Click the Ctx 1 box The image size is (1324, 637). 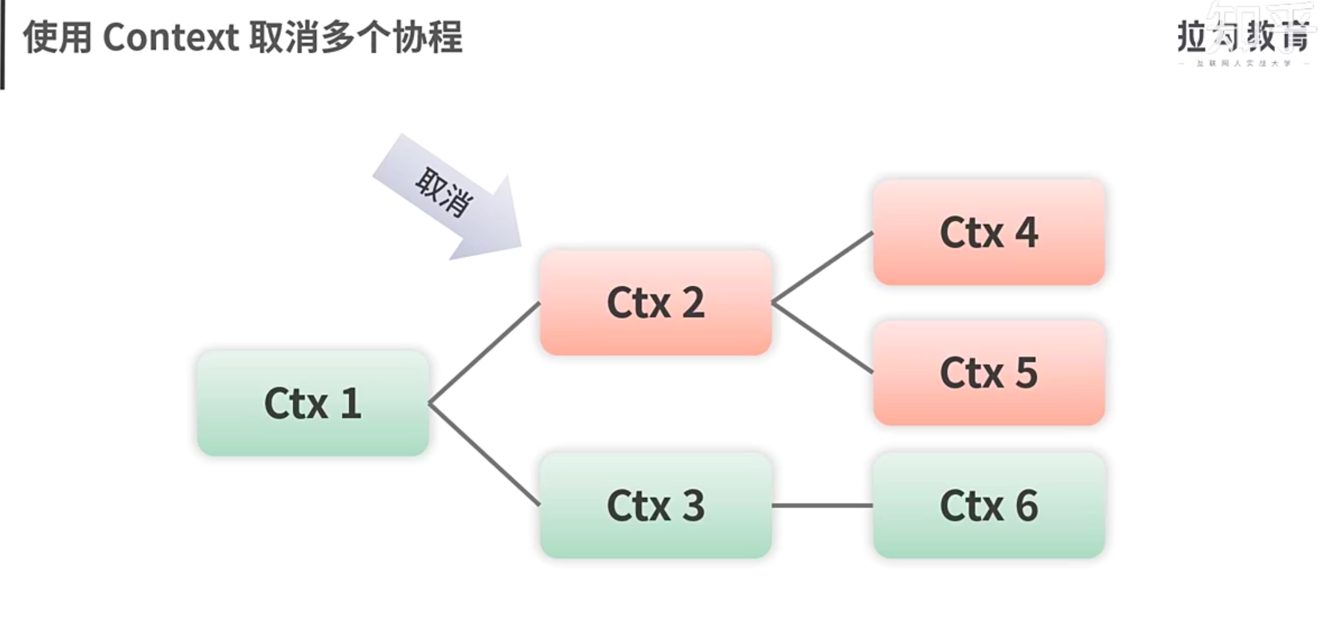pos(312,403)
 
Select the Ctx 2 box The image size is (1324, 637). pos(655,302)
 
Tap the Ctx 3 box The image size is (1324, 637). pos(655,505)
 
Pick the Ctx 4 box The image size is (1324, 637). pos(989,232)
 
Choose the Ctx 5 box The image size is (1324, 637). pos(989,373)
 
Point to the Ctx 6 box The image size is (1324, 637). pos(989,505)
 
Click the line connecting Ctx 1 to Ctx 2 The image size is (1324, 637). pos(484,353)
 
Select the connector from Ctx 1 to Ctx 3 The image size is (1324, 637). pos(484,455)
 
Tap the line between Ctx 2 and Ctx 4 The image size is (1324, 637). pos(822,267)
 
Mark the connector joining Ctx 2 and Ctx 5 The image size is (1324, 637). pos(822,338)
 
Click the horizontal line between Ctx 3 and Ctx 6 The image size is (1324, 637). pos(822,506)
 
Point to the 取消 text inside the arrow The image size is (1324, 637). pos(444,191)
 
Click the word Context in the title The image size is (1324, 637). pos(170,37)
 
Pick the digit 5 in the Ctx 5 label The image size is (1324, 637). pos(1026,373)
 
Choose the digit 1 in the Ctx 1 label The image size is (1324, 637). pos(350,403)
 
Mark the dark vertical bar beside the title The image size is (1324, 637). pos(2,45)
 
